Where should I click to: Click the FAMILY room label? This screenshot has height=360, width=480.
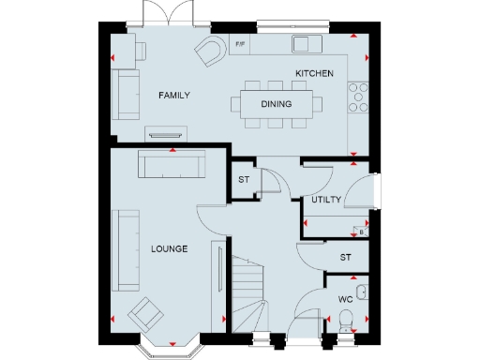pos(174,96)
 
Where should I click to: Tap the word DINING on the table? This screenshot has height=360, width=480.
pos(276,104)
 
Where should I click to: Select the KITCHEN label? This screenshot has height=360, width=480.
pos(314,73)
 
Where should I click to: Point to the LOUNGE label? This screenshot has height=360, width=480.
pos(169,249)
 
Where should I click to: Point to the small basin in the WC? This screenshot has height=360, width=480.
pos(364,292)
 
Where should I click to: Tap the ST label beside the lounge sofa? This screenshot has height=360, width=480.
pos(243,180)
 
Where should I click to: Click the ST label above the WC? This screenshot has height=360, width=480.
pos(345,256)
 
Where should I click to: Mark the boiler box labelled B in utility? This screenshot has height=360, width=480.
pos(361,231)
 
